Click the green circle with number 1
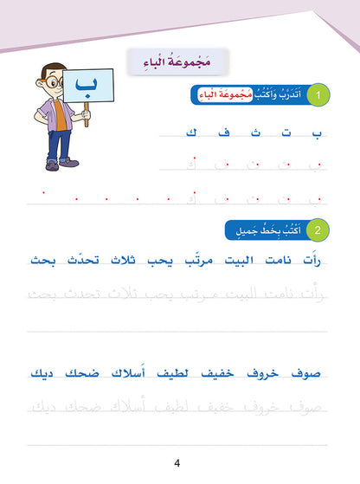tap(321, 96)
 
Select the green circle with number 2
tap(321, 229)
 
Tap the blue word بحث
tap(41, 259)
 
